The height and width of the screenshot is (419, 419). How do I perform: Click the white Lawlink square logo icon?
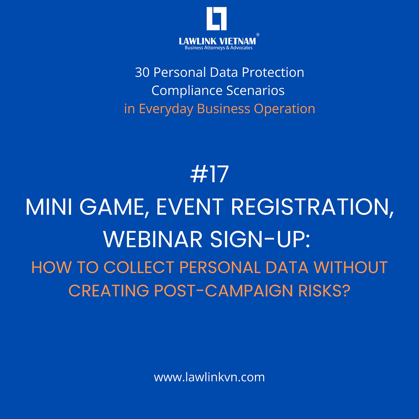(216, 19)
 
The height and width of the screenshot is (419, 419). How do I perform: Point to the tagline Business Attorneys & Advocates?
(218, 48)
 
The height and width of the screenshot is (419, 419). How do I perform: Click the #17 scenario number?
(209, 175)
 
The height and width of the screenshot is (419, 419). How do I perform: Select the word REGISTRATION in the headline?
(313, 208)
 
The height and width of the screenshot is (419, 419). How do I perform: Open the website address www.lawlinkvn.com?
(209, 378)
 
